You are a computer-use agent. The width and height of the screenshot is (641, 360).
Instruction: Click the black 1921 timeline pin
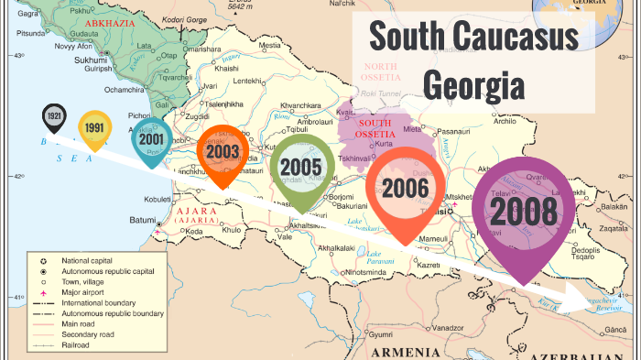[x=54, y=118]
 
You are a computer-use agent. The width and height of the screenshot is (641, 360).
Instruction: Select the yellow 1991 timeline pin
[x=94, y=128]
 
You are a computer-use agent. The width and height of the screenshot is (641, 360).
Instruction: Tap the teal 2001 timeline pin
[x=151, y=139]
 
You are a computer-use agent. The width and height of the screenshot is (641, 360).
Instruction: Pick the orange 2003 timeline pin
[x=223, y=151]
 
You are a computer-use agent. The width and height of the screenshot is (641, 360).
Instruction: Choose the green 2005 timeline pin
[x=301, y=167]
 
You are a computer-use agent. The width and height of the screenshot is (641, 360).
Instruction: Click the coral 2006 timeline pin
[x=406, y=188]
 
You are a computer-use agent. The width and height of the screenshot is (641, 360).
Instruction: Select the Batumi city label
[x=142, y=220]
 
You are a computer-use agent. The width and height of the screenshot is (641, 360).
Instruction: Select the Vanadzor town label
[x=449, y=327]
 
